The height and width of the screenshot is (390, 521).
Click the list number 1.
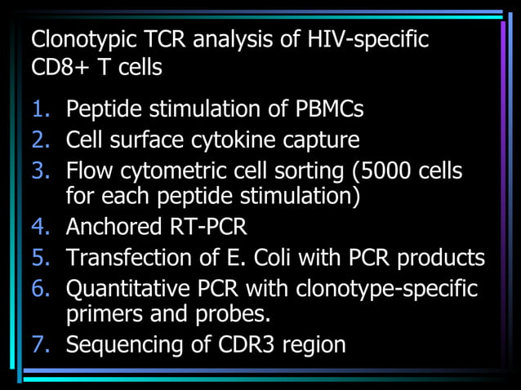41,109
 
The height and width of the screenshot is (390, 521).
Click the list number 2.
41,140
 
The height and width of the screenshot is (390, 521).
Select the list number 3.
41,171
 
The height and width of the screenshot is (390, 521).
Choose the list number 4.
41,226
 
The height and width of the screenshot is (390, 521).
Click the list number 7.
41,344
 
